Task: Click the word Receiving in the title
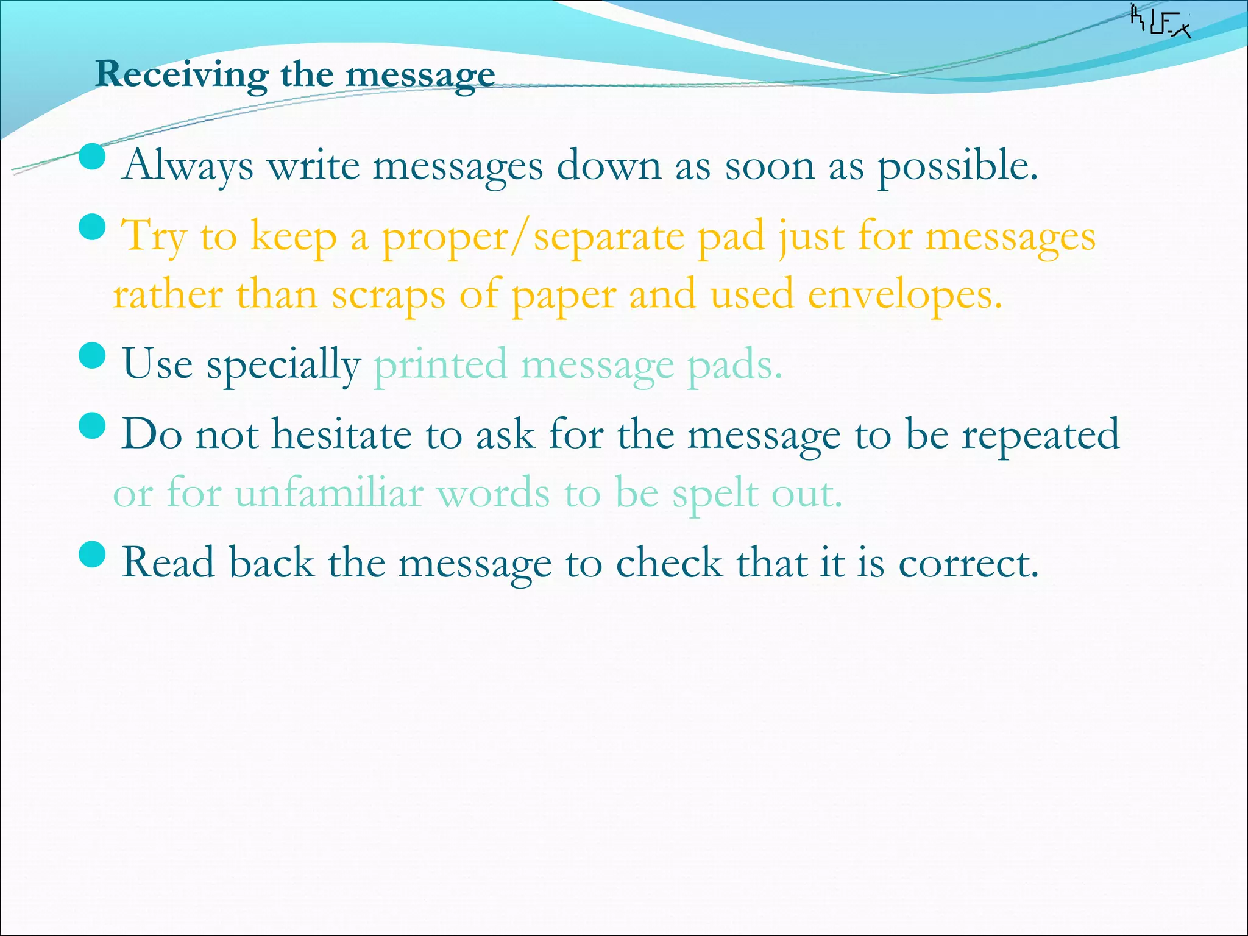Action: pos(181,75)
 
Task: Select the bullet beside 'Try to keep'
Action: pos(93,227)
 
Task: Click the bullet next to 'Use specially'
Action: pos(93,355)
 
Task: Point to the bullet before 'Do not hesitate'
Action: pos(93,425)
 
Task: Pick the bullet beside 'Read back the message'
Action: pos(93,554)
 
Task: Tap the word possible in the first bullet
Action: pos(957,166)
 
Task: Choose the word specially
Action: pos(283,365)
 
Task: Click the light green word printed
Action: pos(440,365)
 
